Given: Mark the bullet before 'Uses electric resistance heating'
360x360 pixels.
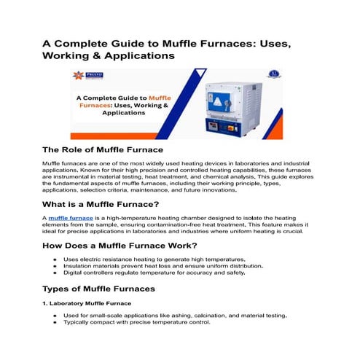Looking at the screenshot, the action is pos(55,259).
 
